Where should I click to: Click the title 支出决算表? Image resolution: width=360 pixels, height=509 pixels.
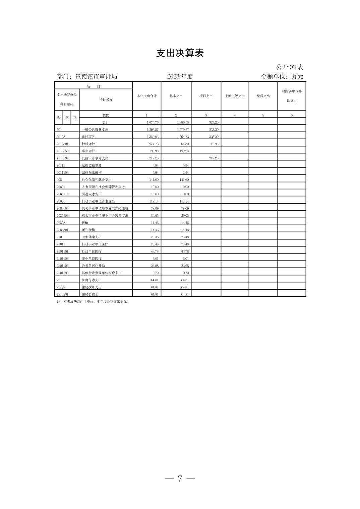coord(180,53)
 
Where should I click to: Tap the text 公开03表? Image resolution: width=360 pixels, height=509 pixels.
coord(290,67)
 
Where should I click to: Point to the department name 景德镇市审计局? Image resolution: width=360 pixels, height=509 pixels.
coord(96,77)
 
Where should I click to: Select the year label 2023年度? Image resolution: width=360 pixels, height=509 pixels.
coord(180,77)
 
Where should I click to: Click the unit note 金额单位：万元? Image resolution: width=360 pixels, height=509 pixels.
coord(282,77)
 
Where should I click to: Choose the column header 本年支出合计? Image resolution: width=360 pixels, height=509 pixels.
coord(146,96)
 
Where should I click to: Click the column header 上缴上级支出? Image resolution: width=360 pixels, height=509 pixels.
coord(235,96)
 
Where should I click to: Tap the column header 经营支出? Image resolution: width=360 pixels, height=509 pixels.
coord(263,96)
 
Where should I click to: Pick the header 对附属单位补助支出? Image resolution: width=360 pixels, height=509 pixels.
coord(292,96)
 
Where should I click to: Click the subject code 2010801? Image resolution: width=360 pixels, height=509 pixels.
coord(63,144)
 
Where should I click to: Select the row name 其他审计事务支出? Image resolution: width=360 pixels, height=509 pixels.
coord(95,158)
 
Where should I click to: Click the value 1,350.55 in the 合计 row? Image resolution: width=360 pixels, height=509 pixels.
coord(183,123)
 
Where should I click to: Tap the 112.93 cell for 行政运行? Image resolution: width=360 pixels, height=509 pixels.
coord(214,144)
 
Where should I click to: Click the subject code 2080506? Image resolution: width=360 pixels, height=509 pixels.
coord(63,216)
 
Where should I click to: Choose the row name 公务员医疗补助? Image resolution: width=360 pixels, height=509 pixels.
coord(94,266)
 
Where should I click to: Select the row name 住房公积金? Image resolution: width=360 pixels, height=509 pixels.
coord(90,294)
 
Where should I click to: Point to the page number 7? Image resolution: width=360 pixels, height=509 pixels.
coord(180,479)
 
